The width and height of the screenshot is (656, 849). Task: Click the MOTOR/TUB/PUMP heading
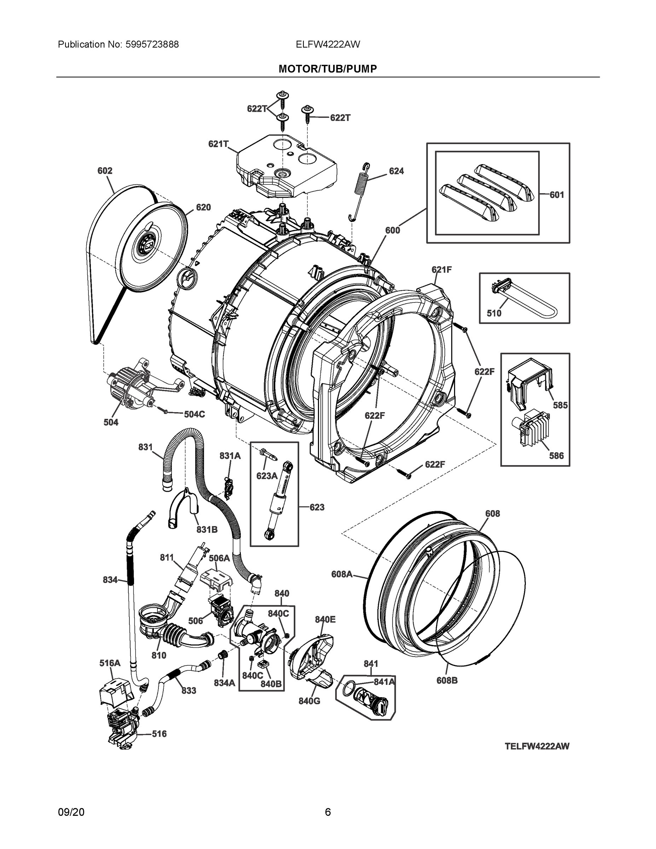(x=327, y=69)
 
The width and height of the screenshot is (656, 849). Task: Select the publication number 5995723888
(x=152, y=44)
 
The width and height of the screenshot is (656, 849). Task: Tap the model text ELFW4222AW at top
(x=327, y=44)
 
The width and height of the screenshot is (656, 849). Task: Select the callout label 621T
(x=218, y=144)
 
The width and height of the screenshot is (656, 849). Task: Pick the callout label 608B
(x=447, y=680)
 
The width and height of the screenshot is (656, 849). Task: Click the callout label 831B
(x=207, y=529)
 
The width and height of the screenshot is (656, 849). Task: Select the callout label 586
(x=556, y=456)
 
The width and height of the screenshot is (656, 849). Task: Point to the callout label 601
(x=557, y=195)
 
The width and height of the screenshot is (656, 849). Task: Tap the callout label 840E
(x=325, y=619)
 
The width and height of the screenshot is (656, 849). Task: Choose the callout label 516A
(x=110, y=663)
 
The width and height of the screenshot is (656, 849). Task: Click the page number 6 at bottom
(x=327, y=812)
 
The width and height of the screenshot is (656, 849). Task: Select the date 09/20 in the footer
(x=71, y=812)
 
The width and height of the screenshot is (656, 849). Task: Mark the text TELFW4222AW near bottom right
(x=537, y=746)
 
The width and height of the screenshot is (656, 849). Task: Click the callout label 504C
(x=194, y=414)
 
